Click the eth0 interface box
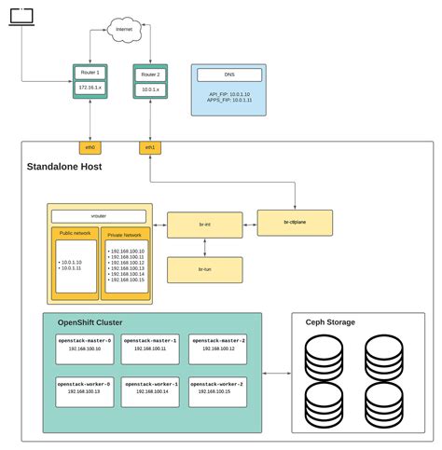coord(90,147)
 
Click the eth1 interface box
coord(149,147)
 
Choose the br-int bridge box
coord(204,223)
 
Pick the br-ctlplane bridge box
coord(295,223)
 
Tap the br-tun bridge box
coord(204,269)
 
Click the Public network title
coord(75,234)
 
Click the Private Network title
coord(124,236)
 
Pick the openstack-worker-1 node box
coord(150,389)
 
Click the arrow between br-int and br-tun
coord(204,246)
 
